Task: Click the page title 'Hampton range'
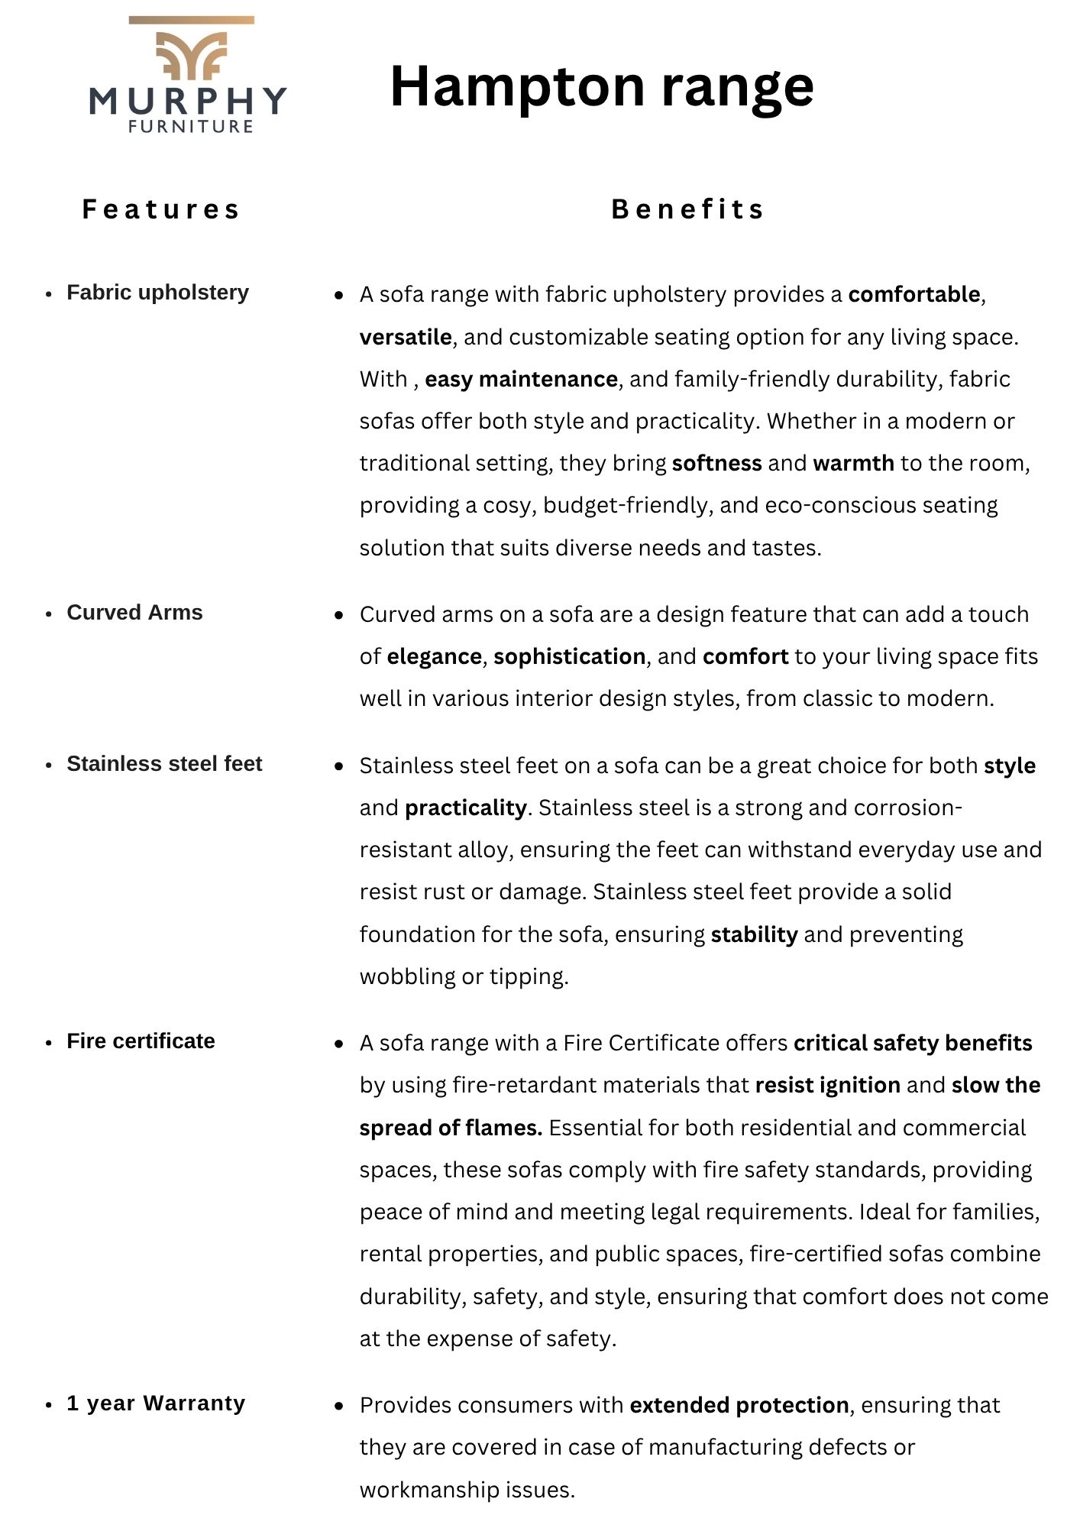click(601, 86)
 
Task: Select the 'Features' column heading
click(161, 209)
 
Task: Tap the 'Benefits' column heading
click(687, 209)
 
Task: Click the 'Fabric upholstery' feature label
click(157, 293)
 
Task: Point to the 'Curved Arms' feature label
click(134, 613)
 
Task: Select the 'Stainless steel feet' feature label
click(164, 764)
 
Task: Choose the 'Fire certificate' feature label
click(141, 1041)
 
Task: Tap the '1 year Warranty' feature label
click(156, 1403)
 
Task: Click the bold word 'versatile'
click(406, 337)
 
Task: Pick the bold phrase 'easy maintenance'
click(521, 379)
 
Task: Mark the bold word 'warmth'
click(853, 463)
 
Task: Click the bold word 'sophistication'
click(569, 656)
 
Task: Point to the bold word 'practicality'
click(465, 808)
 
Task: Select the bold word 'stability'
click(754, 934)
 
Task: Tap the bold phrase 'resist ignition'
click(828, 1085)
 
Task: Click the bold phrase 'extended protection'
click(739, 1405)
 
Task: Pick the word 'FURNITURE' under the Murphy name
click(191, 127)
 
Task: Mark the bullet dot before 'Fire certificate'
click(49, 1043)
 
